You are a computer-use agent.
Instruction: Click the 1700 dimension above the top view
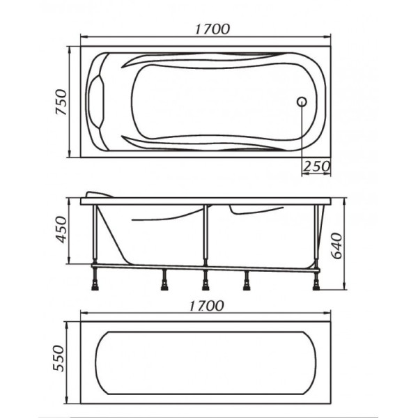coord(212,29)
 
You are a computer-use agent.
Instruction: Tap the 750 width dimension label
coord(61,102)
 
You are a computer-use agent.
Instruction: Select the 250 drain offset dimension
coord(316,167)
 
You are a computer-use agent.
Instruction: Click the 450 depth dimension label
coord(61,230)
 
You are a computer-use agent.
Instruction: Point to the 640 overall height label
coord(336,246)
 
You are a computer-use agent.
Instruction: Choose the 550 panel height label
coord(59,358)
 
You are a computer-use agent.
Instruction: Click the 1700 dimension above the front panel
coord(207,307)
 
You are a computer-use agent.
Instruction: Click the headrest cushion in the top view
coord(96,102)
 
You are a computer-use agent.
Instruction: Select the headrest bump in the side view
coord(98,194)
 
